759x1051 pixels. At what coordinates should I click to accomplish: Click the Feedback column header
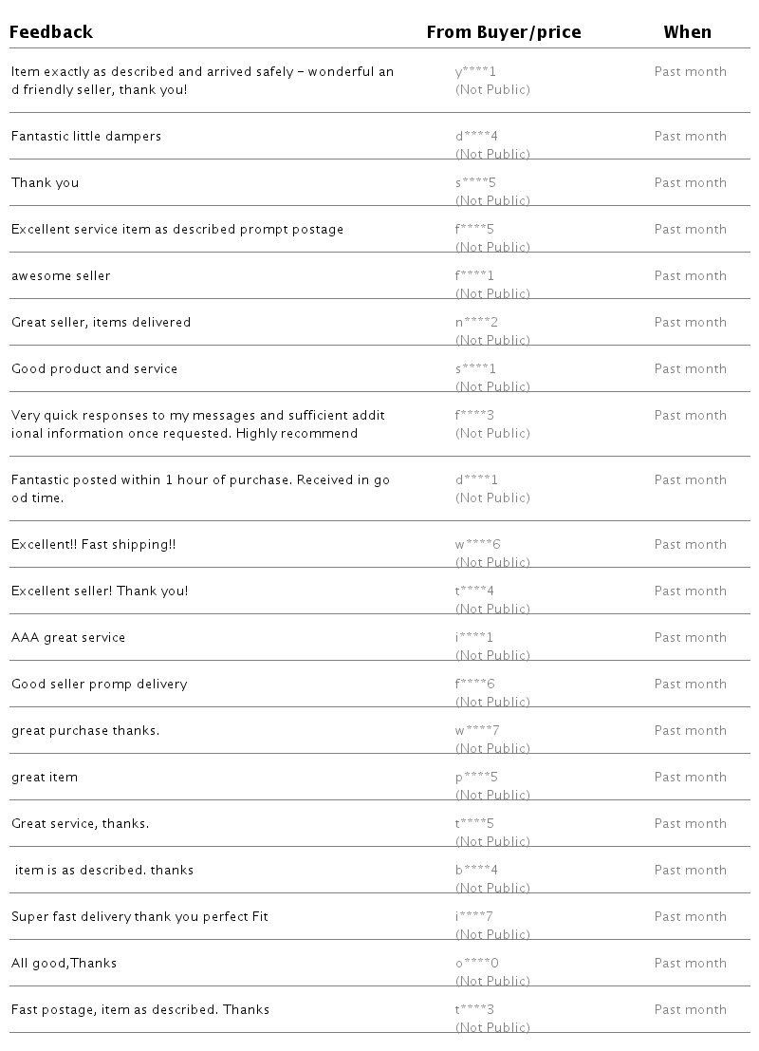[x=51, y=32]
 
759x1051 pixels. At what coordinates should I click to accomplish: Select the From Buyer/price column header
[x=503, y=32]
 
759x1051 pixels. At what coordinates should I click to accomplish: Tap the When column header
[x=687, y=32]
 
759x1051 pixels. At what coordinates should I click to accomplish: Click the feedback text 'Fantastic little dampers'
[x=86, y=137]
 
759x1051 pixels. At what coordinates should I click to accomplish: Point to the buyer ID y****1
[x=475, y=72]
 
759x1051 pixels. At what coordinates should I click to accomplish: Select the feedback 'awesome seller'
[x=61, y=276]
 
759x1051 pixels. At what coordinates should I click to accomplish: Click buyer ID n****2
[x=476, y=323]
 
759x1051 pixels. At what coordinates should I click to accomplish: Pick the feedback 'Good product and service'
[x=94, y=369]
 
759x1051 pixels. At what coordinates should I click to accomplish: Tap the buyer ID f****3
[x=475, y=416]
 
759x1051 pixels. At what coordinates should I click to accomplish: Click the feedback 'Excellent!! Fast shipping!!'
[x=93, y=545]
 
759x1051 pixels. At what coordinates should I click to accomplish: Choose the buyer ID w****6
[x=477, y=545]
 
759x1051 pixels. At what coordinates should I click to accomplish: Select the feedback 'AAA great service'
[x=68, y=638]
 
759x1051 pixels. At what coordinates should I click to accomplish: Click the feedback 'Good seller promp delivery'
[x=99, y=685]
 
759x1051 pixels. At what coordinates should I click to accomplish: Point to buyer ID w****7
[x=477, y=731]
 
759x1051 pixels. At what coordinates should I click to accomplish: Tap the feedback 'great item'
[x=45, y=778]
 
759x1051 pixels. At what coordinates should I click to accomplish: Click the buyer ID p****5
[x=476, y=778]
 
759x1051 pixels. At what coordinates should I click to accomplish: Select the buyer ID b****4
[x=476, y=871]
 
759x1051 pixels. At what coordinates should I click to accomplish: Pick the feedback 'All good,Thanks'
[x=64, y=964]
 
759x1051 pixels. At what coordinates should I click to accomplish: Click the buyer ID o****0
[x=476, y=964]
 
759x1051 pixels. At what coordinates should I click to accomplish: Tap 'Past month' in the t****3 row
[x=690, y=1010]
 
